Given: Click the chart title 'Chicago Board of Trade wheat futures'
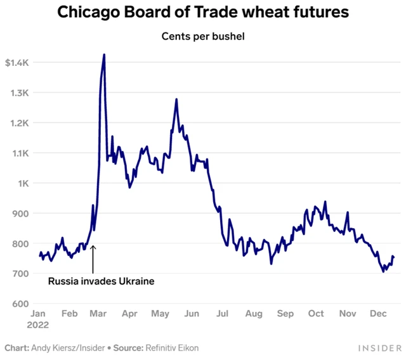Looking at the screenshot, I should tap(203, 13).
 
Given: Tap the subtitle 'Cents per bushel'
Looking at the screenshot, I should tap(203, 36).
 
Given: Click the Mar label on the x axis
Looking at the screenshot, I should tap(98, 314).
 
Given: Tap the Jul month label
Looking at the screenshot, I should tap(223, 314).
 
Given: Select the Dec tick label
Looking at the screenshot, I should tap(379, 314).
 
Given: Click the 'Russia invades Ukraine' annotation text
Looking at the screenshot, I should tap(101, 280).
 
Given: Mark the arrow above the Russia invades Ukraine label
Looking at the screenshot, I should tap(93, 257).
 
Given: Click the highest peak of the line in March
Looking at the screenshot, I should tap(104, 55).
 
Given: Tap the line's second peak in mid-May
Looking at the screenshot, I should tap(176, 100).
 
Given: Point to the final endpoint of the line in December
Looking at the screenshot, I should tap(393, 257).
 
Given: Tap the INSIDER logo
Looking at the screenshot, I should tap(379, 348).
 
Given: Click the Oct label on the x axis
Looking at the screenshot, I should tap(316, 314).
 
